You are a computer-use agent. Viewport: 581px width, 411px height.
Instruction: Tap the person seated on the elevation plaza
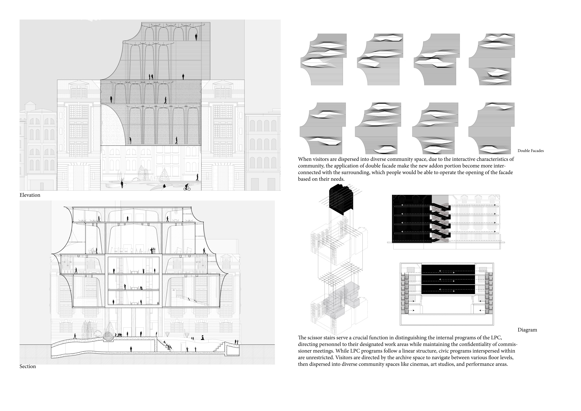[x=164, y=186]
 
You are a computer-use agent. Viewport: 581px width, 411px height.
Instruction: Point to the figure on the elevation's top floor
[x=196, y=37]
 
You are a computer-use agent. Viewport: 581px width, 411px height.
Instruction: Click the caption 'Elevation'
[x=30, y=195]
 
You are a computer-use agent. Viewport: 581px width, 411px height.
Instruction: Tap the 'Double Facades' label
[x=531, y=151]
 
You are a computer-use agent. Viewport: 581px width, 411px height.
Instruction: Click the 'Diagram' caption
[x=527, y=330]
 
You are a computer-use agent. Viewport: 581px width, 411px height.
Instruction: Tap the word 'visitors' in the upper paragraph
[x=321, y=159]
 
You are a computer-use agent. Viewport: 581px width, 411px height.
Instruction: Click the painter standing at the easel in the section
[x=152, y=250]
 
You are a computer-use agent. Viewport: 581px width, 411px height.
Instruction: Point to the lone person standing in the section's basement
[x=131, y=349]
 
